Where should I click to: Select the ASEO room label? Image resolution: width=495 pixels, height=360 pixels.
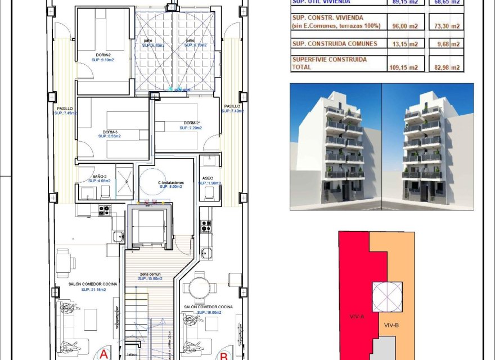pos(207,178)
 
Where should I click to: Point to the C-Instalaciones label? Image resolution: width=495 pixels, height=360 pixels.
pos(170,183)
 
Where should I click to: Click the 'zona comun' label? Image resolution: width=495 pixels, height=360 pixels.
pos(151,274)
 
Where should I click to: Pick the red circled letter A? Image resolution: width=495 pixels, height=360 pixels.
pos(103,355)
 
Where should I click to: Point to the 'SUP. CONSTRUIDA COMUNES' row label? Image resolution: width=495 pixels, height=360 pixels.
pos(334,44)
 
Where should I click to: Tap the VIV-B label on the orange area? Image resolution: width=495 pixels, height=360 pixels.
pos(391,325)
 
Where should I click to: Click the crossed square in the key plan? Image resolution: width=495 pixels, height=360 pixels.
pos(387,296)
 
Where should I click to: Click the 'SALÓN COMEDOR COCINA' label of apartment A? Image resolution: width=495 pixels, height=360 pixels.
pos(85,284)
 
